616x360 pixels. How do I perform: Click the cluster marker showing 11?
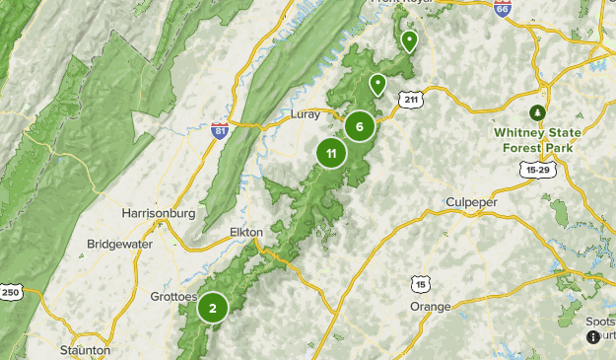pyautogui.click(x=331, y=153)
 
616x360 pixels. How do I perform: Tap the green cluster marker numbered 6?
pyautogui.click(x=360, y=126)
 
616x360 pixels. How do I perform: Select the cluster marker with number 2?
pyautogui.click(x=212, y=308)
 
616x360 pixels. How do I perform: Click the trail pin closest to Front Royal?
pyautogui.click(x=408, y=40)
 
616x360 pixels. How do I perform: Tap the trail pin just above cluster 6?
pyautogui.click(x=376, y=85)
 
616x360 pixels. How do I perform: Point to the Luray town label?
pyautogui.click(x=307, y=114)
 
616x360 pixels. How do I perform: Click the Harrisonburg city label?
pyautogui.click(x=158, y=213)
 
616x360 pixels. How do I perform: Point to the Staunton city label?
pyautogui.click(x=85, y=349)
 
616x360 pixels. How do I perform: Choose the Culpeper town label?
pyautogui.click(x=472, y=202)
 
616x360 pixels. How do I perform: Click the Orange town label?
pyautogui.click(x=430, y=307)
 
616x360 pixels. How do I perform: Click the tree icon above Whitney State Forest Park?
pyautogui.click(x=537, y=111)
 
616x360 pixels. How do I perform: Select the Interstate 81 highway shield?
pyautogui.click(x=219, y=130)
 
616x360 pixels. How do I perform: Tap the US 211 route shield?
pyautogui.click(x=411, y=99)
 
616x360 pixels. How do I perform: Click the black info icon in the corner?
pyautogui.click(x=593, y=337)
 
